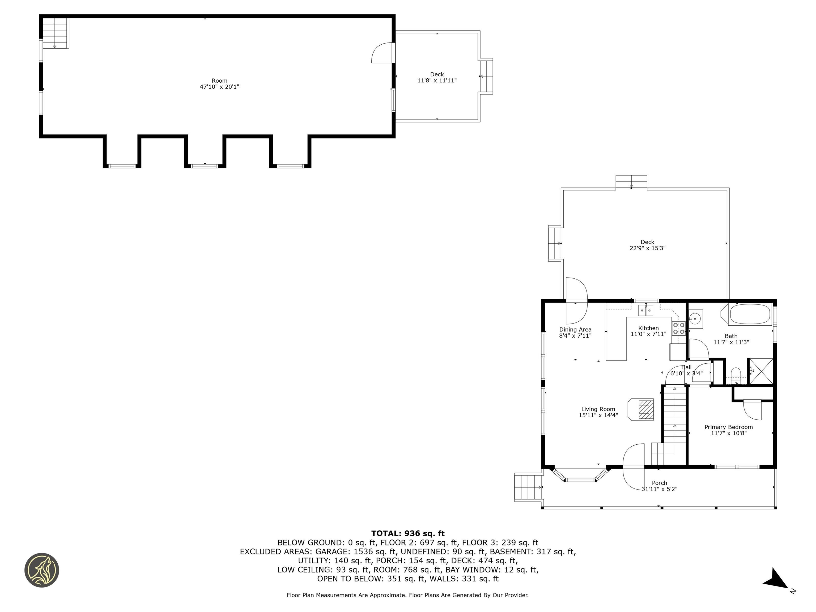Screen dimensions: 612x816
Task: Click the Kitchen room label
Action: pyautogui.click(x=648, y=328)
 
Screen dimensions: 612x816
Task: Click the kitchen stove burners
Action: pyautogui.click(x=678, y=329)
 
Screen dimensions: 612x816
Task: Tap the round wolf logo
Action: pyautogui.click(x=42, y=570)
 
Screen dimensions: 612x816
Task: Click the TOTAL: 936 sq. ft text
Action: pyautogui.click(x=408, y=533)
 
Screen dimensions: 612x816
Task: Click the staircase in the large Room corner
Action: pyautogui.click(x=55, y=32)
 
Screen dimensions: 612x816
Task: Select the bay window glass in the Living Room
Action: pyautogui.click(x=580, y=479)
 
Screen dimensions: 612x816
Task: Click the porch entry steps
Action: pyautogui.click(x=528, y=488)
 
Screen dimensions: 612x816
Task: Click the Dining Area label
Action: pyautogui.click(x=575, y=329)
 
